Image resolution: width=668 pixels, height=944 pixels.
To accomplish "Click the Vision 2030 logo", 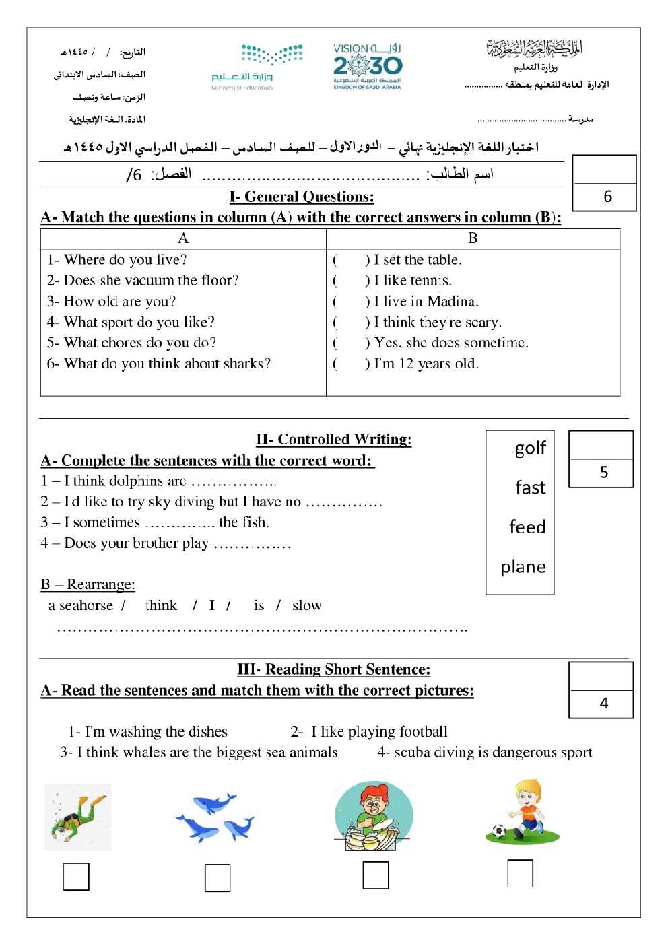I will click(368, 67).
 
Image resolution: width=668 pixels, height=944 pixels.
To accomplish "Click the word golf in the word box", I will click(530, 448).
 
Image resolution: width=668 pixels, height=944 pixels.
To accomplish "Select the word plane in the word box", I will click(523, 567).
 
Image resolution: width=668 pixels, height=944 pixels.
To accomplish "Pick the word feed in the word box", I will click(527, 527).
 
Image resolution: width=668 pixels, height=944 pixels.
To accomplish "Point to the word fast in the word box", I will click(530, 487).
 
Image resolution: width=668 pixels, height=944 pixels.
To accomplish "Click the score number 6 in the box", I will click(607, 197).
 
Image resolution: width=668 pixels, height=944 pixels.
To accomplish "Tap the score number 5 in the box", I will click(603, 473).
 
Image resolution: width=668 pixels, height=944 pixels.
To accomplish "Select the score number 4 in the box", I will click(603, 704).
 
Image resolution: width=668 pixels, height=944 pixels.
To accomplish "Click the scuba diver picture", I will click(78, 817).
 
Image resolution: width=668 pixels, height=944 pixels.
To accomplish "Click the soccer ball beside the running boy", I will click(499, 832).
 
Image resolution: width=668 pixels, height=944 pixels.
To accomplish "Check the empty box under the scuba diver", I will click(76, 877).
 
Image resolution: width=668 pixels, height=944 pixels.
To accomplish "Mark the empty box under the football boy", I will click(520, 873).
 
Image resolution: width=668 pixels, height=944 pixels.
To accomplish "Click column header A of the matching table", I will click(183, 238).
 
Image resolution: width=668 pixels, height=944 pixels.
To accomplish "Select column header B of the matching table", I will click(473, 238).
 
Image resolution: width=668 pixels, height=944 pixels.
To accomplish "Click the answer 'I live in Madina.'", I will click(426, 302).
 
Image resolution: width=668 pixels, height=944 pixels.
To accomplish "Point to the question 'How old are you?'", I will click(119, 302).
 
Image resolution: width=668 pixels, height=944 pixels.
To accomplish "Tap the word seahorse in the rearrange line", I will click(86, 605).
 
